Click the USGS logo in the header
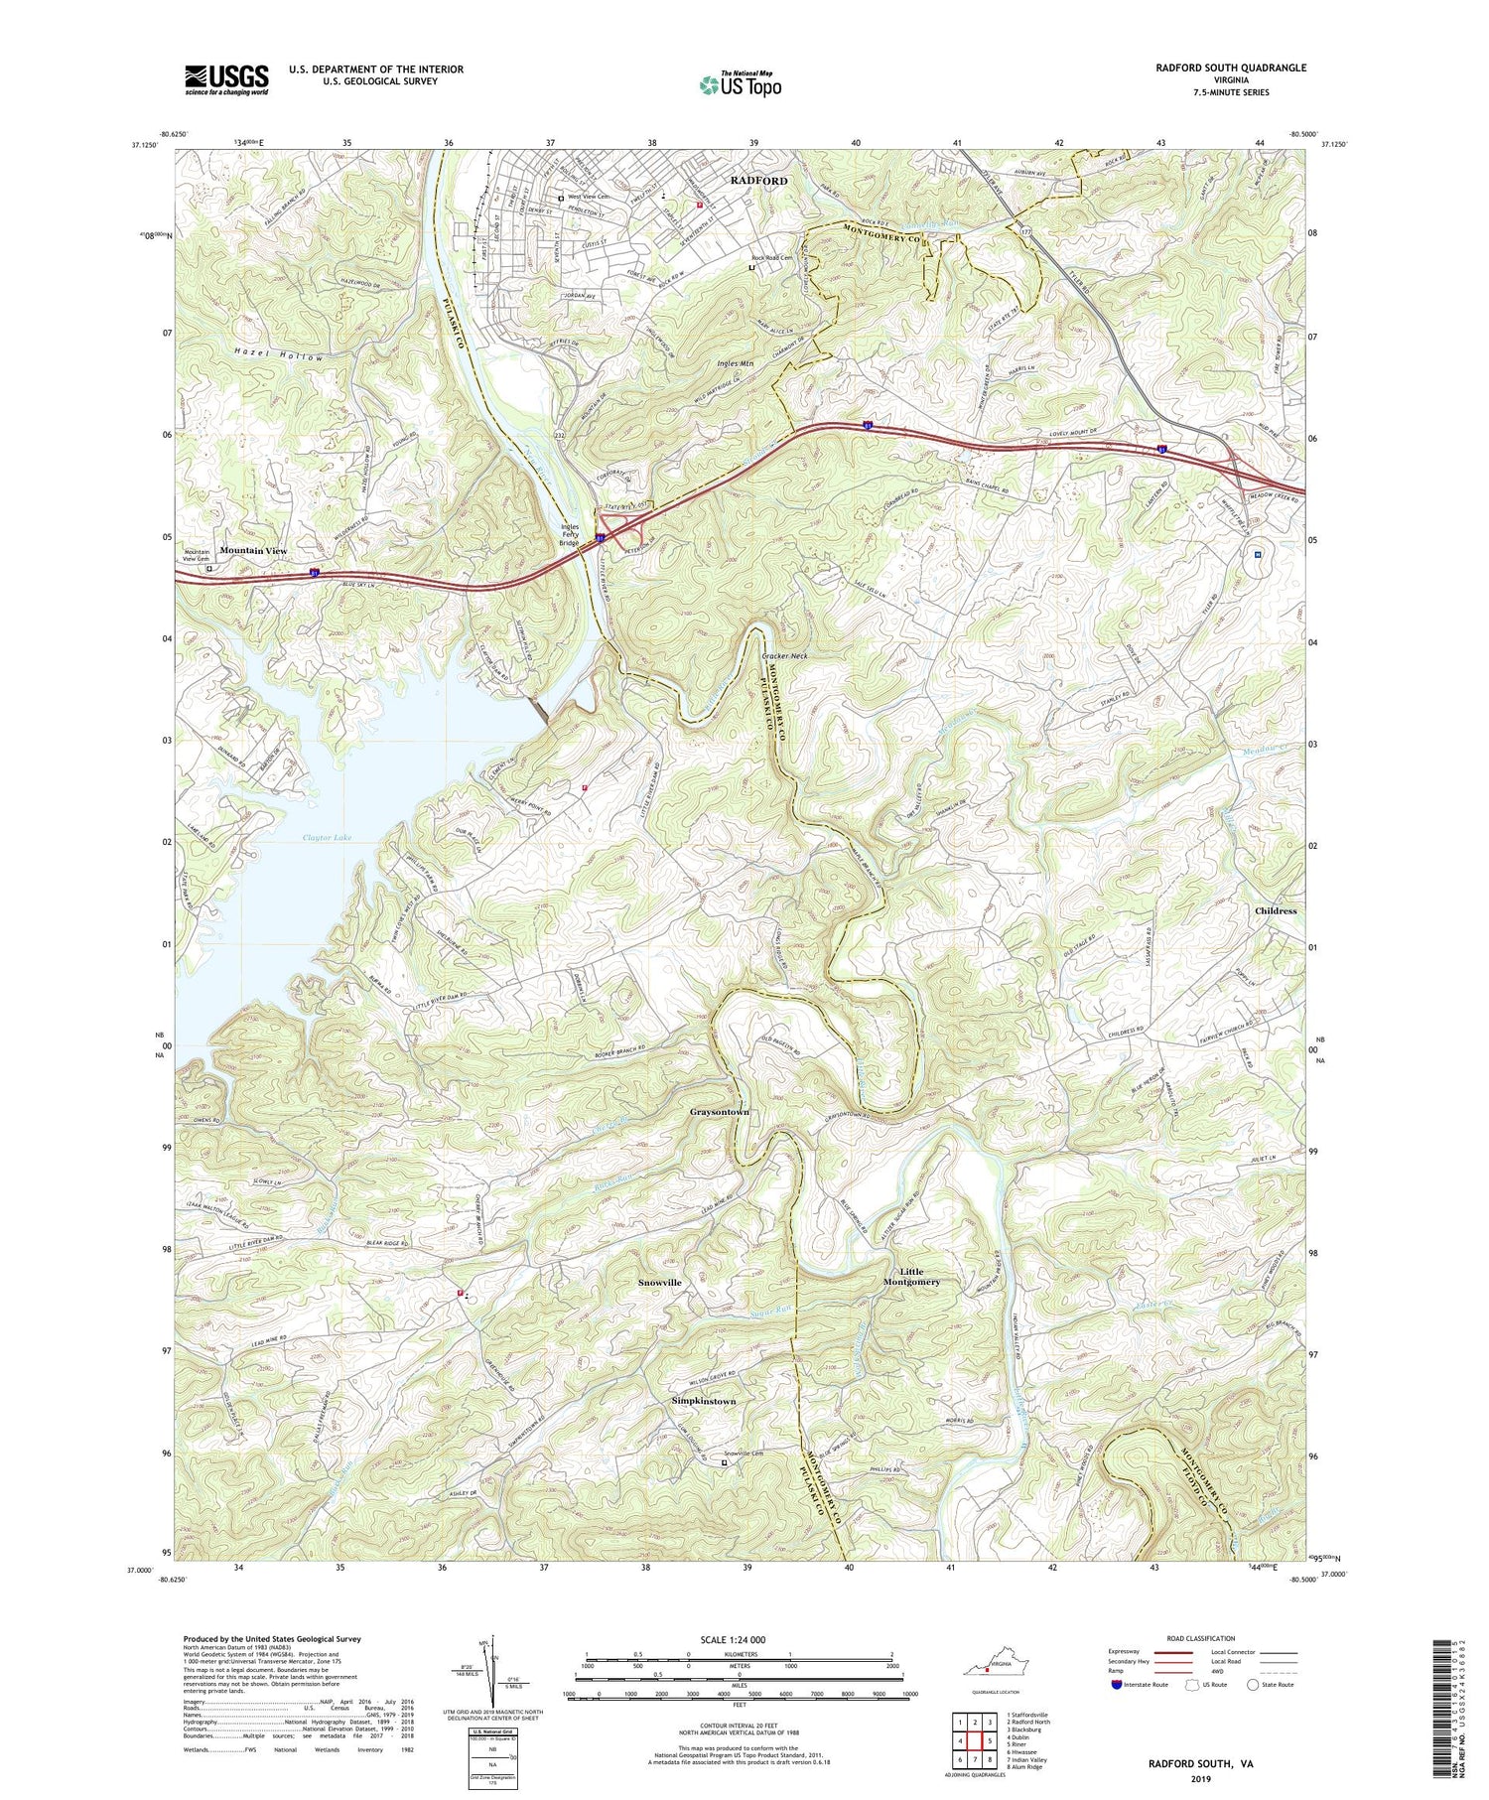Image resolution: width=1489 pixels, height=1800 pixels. pos(226,79)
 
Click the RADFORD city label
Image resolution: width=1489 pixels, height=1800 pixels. pos(758,181)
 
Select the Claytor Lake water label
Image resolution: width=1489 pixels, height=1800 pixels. pos(327,838)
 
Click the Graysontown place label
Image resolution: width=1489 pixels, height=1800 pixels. pos(720,1112)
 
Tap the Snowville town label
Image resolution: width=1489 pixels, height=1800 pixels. pos(659,1283)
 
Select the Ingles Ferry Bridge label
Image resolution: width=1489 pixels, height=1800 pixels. pos(569,535)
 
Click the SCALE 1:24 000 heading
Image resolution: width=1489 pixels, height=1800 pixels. pos(739,1640)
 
